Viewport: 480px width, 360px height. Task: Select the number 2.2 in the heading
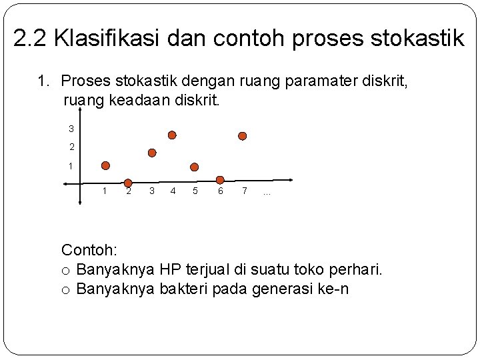pos(31,38)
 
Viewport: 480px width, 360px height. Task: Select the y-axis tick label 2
pos(71,147)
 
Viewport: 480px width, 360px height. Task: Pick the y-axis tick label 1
pos(71,165)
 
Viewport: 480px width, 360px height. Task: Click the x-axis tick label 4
pos(173,191)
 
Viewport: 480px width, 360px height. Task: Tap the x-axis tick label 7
pos(245,191)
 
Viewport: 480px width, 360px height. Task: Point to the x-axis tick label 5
pos(195,191)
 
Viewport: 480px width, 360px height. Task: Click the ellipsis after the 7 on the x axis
pos(267,193)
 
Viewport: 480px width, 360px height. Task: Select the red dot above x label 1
pos(105,165)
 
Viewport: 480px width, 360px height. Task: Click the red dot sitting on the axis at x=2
pos(128,183)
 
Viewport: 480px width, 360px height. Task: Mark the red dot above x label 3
pos(152,153)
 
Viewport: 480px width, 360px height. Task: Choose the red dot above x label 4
pos(172,135)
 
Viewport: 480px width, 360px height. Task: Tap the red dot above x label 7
pos(243,136)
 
